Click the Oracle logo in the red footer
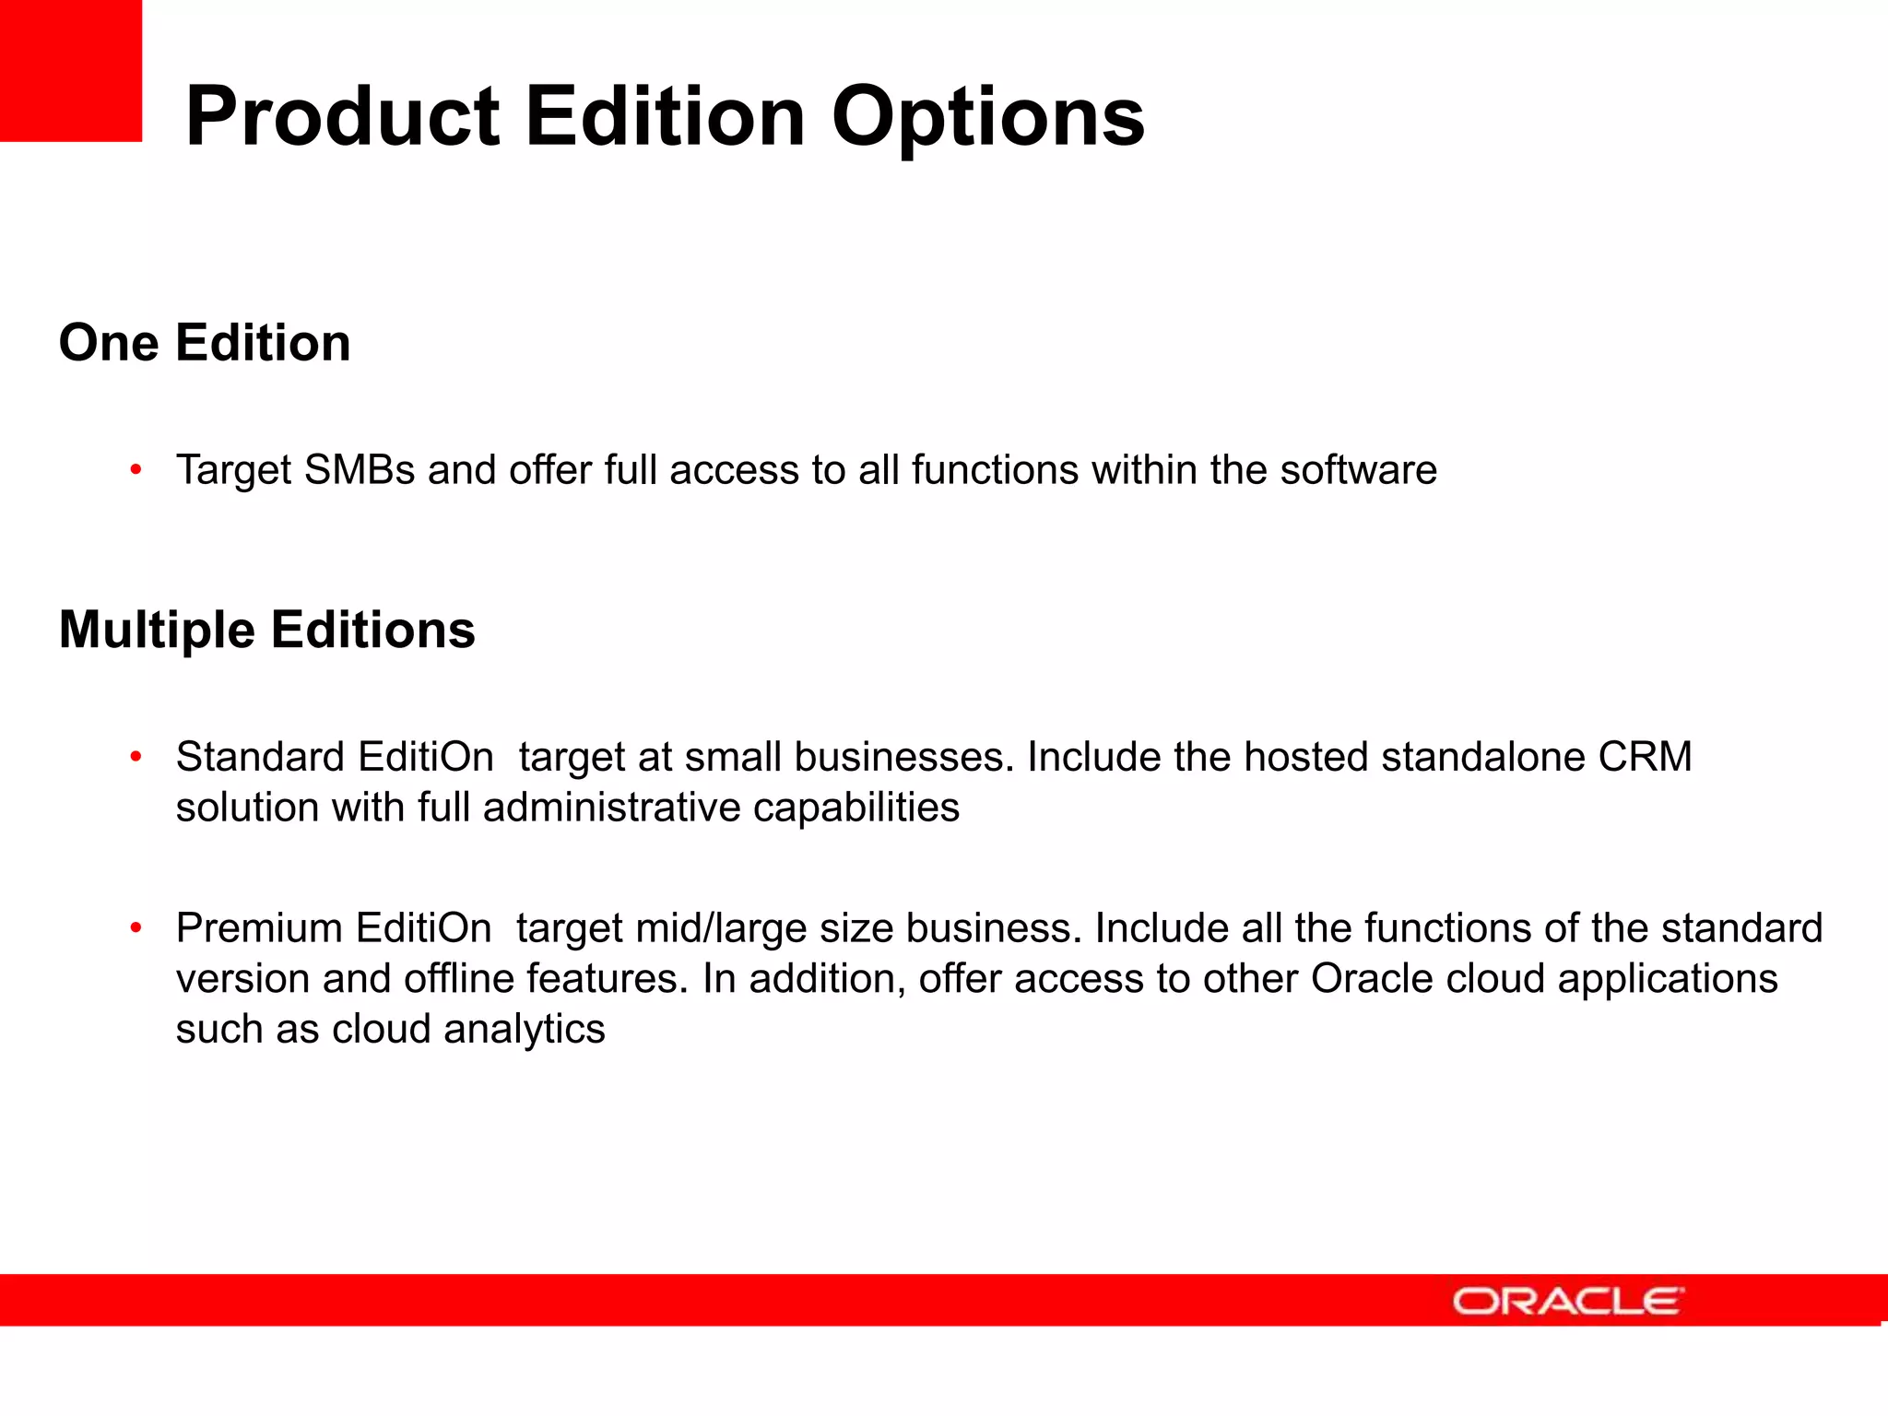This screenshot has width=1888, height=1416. click(x=1567, y=1301)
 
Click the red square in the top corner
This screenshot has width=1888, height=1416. click(x=70, y=70)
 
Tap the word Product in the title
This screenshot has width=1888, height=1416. click(x=342, y=117)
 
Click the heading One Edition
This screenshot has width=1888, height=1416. click(x=205, y=343)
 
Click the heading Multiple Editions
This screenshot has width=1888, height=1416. click(x=266, y=630)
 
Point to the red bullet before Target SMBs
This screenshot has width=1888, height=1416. click(x=136, y=470)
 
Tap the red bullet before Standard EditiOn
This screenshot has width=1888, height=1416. click(x=136, y=757)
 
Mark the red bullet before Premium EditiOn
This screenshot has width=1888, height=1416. click(x=136, y=927)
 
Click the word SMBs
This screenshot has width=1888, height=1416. click(x=360, y=470)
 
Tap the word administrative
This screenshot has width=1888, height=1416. click(x=611, y=808)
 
